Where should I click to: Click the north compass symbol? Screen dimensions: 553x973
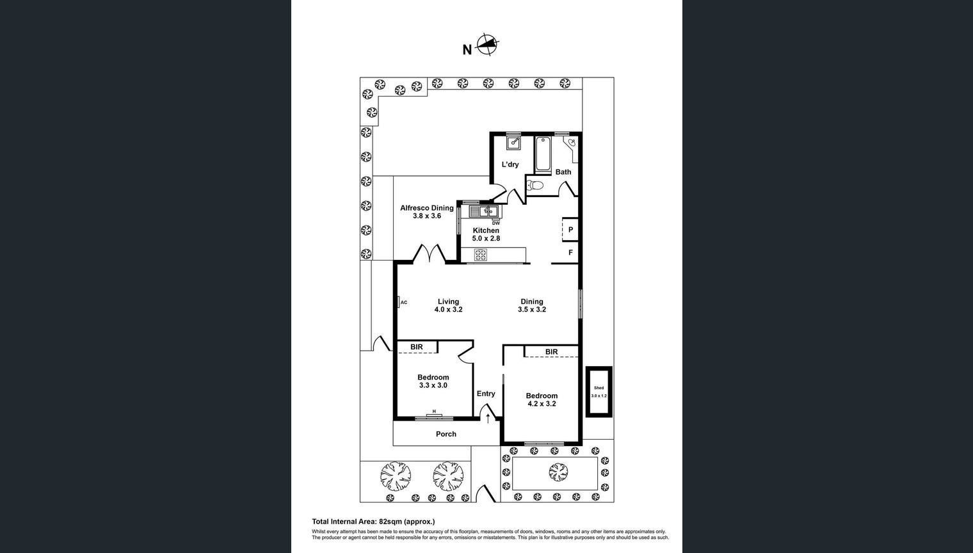click(488, 45)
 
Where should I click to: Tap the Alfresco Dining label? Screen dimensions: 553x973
click(426, 208)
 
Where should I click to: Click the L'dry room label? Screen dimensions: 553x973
click(510, 164)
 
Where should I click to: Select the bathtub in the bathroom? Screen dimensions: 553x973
click(543, 154)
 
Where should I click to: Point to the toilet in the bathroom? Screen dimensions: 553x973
click(535, 186)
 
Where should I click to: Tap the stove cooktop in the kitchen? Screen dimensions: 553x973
click(481, 255)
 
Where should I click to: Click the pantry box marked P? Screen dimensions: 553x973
click(570, 230)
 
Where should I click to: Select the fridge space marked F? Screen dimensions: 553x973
click(570, 253)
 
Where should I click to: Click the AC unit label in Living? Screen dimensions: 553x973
click(403, 302)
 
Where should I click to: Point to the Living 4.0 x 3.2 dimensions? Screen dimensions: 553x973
click(448, 310)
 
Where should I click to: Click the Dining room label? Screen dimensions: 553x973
click(531, 301)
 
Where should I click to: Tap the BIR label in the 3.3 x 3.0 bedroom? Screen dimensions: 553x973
click(417, 347)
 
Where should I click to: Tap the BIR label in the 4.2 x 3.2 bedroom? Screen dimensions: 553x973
click(551, 352)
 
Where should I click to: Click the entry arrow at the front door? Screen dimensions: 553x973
click(488, 419)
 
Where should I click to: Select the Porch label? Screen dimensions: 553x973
click(446, 434)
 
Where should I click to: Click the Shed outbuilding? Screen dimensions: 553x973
click(599, 392)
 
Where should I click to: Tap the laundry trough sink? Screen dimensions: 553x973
click(513, 143)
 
